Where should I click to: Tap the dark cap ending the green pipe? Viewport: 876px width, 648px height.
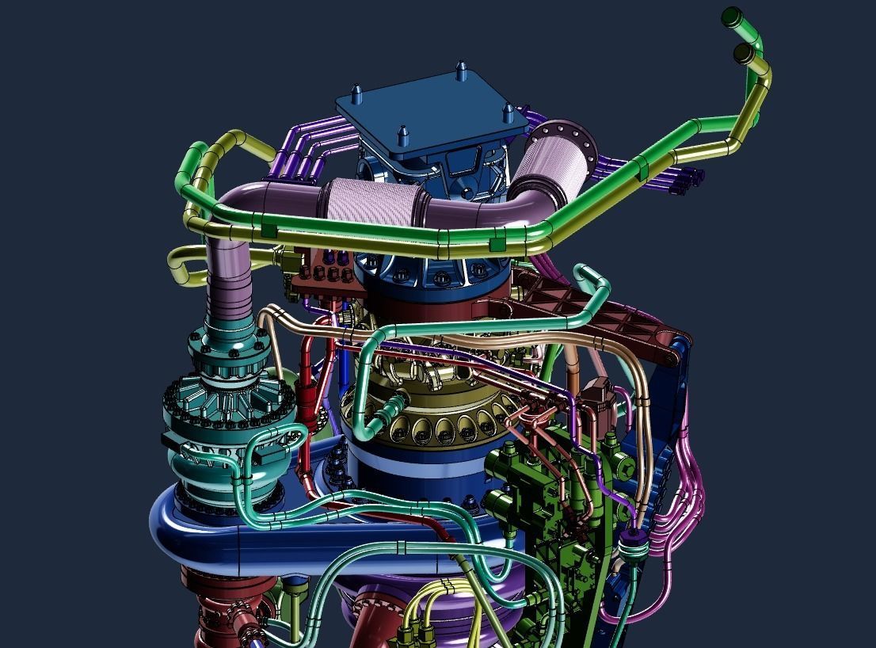point(732,15)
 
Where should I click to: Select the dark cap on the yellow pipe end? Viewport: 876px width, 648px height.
point(744,54)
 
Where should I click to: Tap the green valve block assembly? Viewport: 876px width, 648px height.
point(547,491)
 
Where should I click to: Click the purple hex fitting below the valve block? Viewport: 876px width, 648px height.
point(631,543)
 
